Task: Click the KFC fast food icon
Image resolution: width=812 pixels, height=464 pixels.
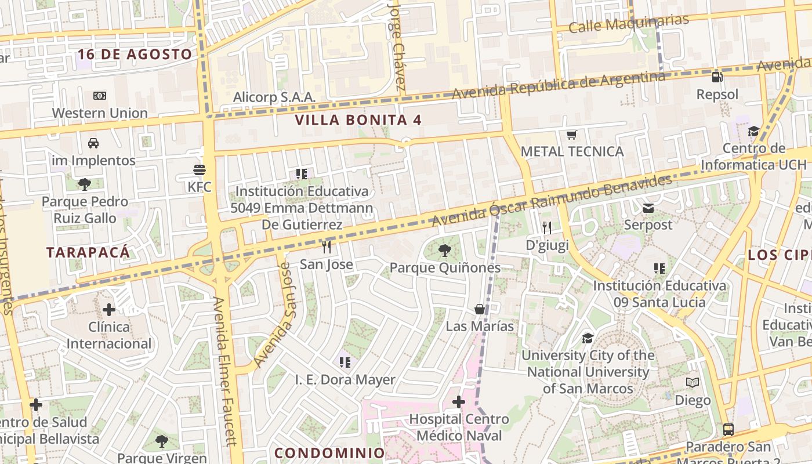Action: coord(200,170)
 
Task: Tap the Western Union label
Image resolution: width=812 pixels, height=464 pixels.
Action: coord(100,113)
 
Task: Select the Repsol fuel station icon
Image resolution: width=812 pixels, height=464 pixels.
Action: coord(717,77)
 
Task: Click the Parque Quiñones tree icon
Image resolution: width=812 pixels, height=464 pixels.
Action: coord(445,251)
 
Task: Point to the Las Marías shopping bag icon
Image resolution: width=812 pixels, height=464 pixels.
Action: coord(480,309)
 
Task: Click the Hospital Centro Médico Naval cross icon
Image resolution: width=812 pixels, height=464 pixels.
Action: coord(459,401)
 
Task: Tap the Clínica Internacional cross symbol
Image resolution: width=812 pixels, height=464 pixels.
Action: coord(108,310)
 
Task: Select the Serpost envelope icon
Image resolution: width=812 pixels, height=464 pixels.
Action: coord(648,208)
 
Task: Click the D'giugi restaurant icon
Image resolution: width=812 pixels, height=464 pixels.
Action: coord(546,228)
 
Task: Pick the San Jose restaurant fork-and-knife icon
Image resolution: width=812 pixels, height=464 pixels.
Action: coord(327,247)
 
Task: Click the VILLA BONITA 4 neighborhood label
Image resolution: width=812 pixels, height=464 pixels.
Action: coord(358,120)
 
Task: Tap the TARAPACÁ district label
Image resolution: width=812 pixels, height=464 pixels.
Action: coord(88,252)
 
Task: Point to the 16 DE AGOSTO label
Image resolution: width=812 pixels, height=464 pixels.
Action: coord(135,55)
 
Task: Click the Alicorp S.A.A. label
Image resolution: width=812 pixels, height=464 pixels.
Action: coord(274,97)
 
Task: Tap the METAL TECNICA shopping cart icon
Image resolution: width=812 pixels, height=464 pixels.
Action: coord(572,135)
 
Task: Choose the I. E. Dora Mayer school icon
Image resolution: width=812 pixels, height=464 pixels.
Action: coord(345,362)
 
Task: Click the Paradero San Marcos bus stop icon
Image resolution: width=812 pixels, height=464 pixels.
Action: coord(728,430)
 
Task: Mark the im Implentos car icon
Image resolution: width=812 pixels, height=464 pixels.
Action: coord(93,143)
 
